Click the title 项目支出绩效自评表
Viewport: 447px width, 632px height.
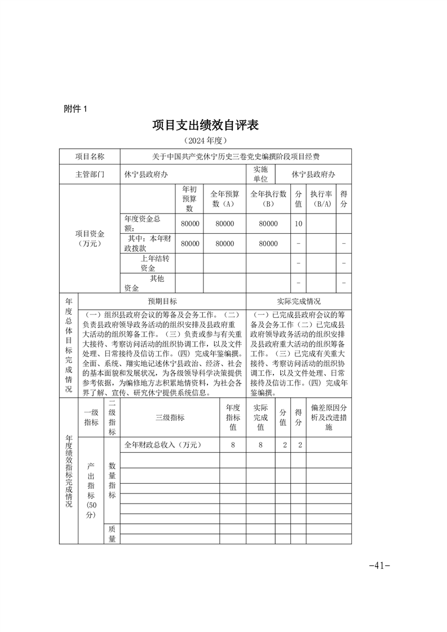pos(205,125)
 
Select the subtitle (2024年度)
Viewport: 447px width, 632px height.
pos(205,140)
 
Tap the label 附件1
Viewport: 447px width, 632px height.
pos(76,109)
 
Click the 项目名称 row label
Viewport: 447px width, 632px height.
pos(90,157)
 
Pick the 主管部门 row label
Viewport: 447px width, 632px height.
pos(90,175)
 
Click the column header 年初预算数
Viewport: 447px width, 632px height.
pos(189,199)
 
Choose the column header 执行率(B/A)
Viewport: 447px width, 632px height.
pos(321,199)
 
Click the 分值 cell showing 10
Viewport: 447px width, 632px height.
pos(298,224)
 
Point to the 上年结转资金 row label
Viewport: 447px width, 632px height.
pos(148,263)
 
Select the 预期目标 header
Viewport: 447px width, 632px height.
pos(162,301)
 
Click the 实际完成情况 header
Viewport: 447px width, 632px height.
pos(299,301)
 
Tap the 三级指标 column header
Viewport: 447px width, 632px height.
pos(170,417)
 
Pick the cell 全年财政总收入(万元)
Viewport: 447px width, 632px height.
pos(163,445)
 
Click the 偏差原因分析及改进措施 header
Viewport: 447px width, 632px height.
pos(329,417)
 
